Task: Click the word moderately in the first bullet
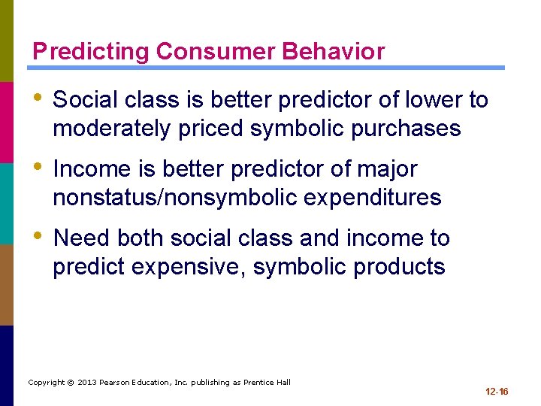[x=112, y=129]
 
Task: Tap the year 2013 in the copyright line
[x=87, y=383]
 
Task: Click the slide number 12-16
[x=497, y=392]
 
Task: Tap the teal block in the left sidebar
[x=7, y=203]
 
